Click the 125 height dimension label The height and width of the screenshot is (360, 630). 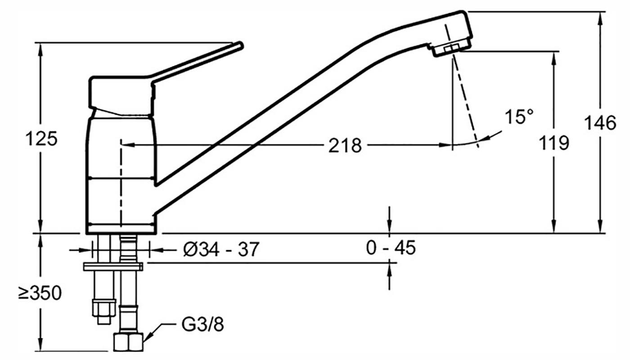[41, 139]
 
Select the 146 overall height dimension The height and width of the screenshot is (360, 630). [600, 122]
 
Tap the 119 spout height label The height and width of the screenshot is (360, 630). [554, 143]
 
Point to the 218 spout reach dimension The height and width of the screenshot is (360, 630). [345, 146]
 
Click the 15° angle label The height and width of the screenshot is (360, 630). [519, 116]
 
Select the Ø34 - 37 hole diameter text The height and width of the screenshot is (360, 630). [221, 249]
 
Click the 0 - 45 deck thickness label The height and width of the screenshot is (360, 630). [391, 248]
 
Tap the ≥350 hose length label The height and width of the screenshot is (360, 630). [40, 293]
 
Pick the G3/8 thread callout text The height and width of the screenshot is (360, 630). [202, 324]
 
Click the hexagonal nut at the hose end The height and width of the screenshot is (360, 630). [129, 342]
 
